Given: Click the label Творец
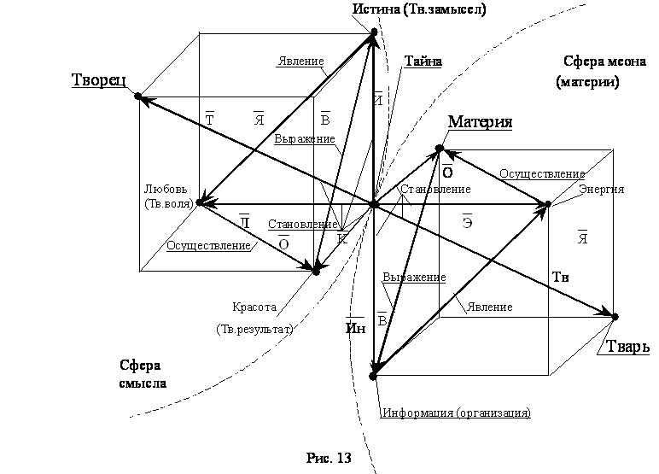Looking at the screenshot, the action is tap(99, 80).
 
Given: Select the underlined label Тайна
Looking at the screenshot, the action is tap(423, 61).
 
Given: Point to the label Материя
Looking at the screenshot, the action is tap(480, 122).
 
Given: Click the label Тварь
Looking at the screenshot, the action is tap(627, 347).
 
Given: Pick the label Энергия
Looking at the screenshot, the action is tap(602, 190).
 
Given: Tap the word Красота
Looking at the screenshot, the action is tap(254, 307).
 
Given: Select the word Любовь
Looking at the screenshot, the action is tap(166, 190).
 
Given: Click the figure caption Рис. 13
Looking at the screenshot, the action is tap(329, 458).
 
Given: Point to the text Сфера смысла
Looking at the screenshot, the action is tap(143, 374).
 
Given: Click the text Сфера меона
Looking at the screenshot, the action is tap(604, 61).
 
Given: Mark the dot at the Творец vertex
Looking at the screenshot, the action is tap(137, 97).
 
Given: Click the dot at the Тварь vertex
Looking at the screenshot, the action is tap(615, 316).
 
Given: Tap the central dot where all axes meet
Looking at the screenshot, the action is tap(374, 205).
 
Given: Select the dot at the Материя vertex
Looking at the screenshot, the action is tap(440, 149).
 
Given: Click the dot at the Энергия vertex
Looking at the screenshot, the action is tap(548, 204).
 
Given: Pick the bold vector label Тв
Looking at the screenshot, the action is tap(560, 278).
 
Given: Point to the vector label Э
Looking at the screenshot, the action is tap(467, 221).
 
